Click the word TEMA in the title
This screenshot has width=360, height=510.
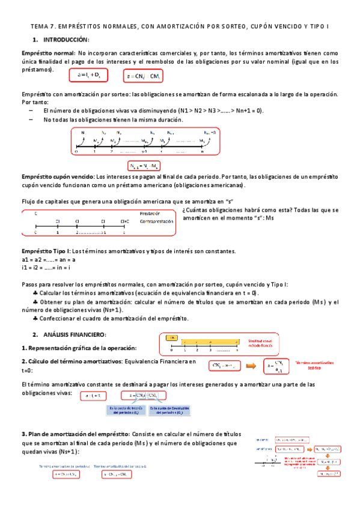(39, 27)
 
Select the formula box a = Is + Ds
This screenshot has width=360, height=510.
(88, 75)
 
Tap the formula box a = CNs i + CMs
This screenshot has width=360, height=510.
(142, 76)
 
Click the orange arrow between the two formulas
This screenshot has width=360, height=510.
(253, 365)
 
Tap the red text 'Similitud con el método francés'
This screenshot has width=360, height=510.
(257, 342)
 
